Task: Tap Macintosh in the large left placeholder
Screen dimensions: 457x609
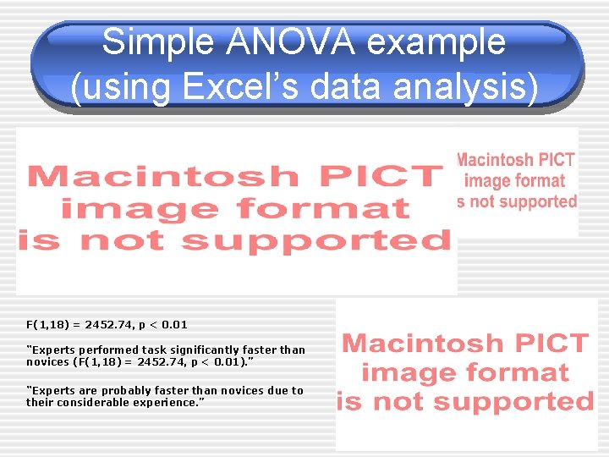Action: coord(162,176)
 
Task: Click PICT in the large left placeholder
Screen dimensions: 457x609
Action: coord(376,176)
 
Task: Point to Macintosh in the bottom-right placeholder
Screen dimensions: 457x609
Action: coord(427,344)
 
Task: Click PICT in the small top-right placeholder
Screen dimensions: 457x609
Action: coord(556,159)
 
